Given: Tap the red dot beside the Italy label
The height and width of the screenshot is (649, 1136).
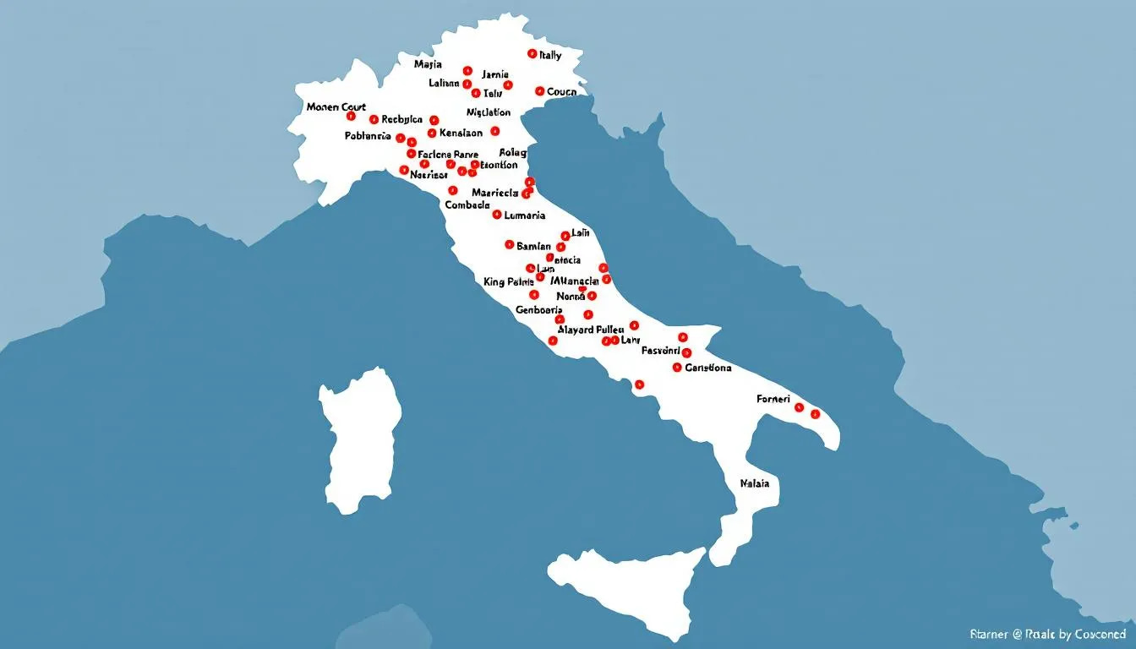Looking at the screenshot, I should [532, 53].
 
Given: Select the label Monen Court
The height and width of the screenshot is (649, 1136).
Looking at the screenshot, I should [336, 107].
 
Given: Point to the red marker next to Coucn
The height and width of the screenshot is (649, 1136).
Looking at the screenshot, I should [539, 90].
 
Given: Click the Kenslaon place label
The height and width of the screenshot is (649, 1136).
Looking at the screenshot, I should [461, 133].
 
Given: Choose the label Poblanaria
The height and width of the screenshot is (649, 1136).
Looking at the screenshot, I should [368, 135].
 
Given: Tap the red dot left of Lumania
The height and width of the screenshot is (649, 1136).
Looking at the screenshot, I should [497, 215].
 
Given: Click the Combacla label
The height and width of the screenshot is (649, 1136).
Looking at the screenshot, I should [467, 205].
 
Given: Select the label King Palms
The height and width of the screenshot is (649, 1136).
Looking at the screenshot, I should [509, 281].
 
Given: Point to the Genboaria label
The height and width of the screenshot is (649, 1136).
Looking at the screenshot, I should [539, 310].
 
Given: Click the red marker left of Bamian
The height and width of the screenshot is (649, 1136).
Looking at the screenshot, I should [509, 245].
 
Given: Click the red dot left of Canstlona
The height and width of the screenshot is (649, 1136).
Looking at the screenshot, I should [677, 368].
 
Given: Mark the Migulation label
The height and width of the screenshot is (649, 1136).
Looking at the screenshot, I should [489, 112].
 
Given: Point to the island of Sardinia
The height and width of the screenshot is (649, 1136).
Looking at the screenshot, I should [359, 439].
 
